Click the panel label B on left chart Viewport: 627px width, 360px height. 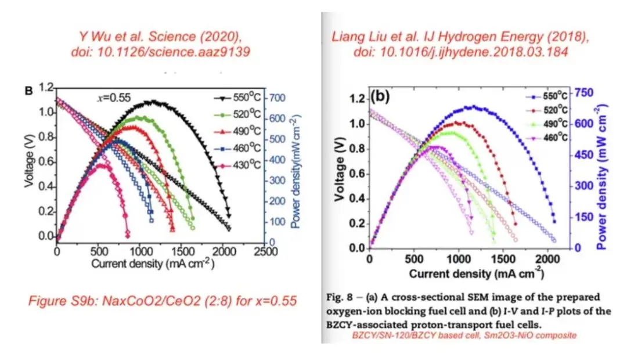point(27,91)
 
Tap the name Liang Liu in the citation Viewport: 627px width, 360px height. point(360,37)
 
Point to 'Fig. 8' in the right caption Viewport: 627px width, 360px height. point(337,297)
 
